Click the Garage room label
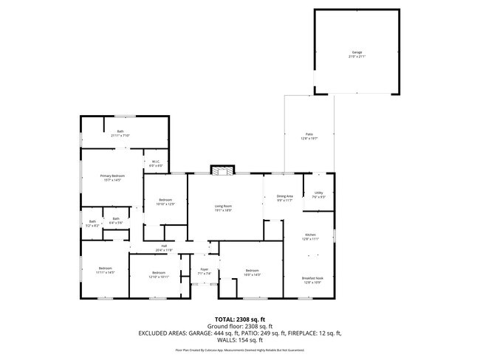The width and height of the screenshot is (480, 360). tap(357, 55)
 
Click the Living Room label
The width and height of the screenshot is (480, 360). tap(223, 208)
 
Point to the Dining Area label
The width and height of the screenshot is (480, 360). tap(285, 198)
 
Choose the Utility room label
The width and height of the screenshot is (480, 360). tap(318, 195)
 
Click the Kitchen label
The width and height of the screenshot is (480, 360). tap(310, 237)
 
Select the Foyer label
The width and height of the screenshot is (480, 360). tap(205, 271)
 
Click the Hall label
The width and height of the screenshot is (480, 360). tap(163, 249)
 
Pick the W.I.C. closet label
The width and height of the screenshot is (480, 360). tap(157, 164)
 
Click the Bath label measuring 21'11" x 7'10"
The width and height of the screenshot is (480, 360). tap(120, 134)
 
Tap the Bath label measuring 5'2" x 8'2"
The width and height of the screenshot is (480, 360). tap(92, 223)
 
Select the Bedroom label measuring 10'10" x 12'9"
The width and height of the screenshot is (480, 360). tap(166, 201)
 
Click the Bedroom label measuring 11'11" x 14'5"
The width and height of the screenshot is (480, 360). tap(106, 270)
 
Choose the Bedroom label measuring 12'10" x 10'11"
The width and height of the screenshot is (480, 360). tap(160, 274)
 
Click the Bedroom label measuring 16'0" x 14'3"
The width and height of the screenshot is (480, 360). tap(253, 272)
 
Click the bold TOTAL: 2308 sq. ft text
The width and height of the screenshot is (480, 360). tap(239, 319)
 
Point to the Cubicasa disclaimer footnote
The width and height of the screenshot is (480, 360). tap(239, 350)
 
